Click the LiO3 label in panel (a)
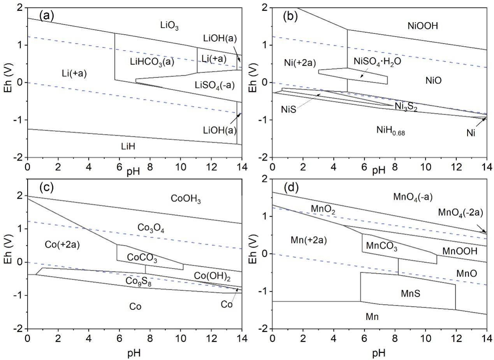(x=172, y=26)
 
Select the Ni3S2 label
(x=406, y=106)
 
